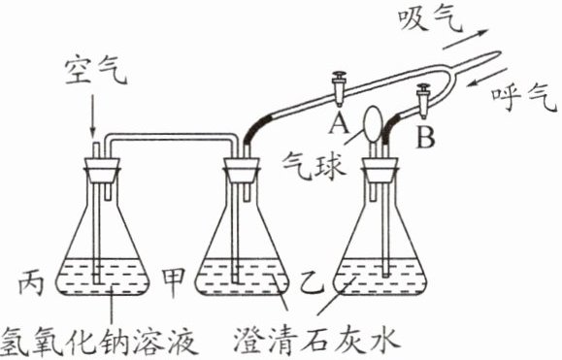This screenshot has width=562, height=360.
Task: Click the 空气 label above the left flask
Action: tap(96, 72)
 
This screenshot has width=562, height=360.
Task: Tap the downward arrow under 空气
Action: tap(93, 116)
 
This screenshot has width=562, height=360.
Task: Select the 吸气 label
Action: tap(430, 19)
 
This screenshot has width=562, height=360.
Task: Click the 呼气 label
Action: tap(524, 99)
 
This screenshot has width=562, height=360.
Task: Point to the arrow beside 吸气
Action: tap(465, 40)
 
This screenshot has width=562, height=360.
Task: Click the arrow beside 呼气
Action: tap(486, 78)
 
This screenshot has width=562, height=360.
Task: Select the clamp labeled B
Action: tap(423, 101)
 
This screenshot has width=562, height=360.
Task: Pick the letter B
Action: tap(426, 137)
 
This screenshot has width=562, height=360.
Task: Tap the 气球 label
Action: tap(314, 167)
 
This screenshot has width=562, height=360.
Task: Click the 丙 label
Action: tap(31, 282)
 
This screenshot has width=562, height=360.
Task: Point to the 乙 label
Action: tap(313, 283)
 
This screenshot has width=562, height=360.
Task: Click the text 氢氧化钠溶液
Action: tap(99, 341)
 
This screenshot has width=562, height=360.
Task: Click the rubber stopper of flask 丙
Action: tap(102, 170)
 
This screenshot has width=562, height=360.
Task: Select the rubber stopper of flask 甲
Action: tap(242, 170)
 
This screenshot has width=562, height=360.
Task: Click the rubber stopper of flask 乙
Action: tap(380, 170)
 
